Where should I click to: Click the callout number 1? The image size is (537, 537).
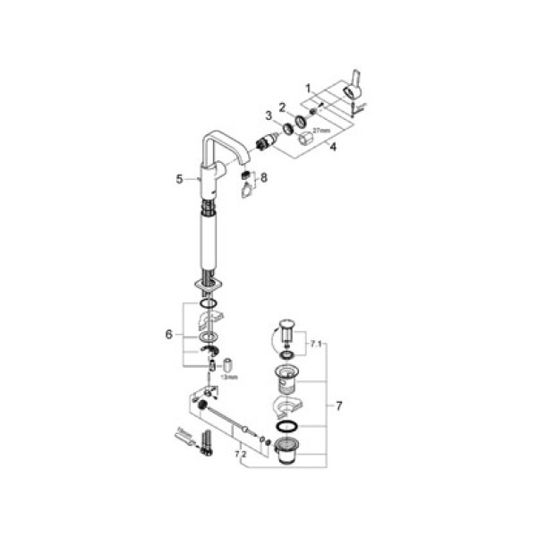pyautogui.click(x=309, y=89)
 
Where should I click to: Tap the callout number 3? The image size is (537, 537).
pyautogui.click(x=267, y=115)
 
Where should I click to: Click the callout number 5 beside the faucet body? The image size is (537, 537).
pyautogui.click(x=179, y=179)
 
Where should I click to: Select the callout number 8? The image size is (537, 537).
pyautogui.click(x=263, y=179)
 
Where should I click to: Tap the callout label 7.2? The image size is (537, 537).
pyautogui.click(x=239, y=455)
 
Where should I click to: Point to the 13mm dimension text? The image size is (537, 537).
pyautogui.click(x=230, y=379)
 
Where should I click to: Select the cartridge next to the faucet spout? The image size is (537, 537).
pyautogui.click(x=266, y=141)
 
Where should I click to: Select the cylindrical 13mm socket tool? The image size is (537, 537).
pyautogui.click(x=227, y=365)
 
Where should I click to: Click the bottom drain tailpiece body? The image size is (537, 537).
pyautogui.click(x=288, y=452)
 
